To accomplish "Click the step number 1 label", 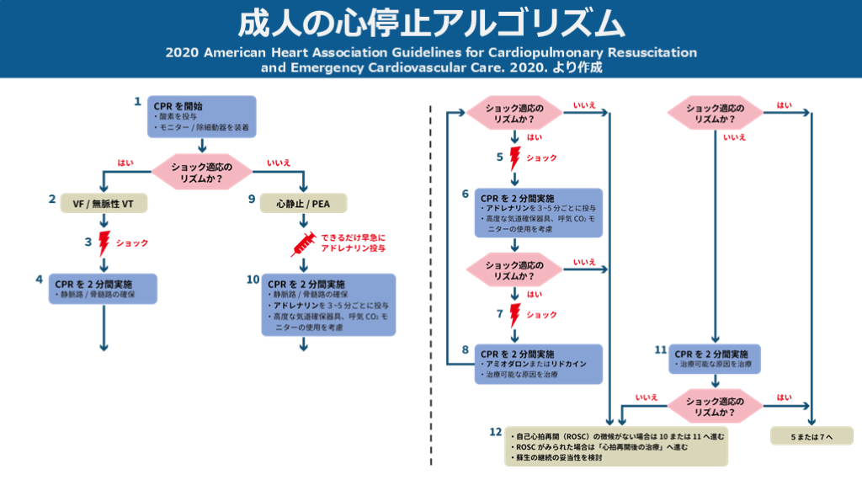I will point(137,102).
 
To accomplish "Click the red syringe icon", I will point(302,244).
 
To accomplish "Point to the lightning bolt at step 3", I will point(104,243).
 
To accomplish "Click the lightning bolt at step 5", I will point(515,158).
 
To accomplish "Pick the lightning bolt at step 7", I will point(515,315).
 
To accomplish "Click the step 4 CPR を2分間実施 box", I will point(104,287).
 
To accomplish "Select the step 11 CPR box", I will point(716,358).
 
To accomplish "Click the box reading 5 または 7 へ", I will point(811,436).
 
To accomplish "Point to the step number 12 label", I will point(495,432).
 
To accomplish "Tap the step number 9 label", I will point(251,199).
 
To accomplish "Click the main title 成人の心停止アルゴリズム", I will point(430,23).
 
